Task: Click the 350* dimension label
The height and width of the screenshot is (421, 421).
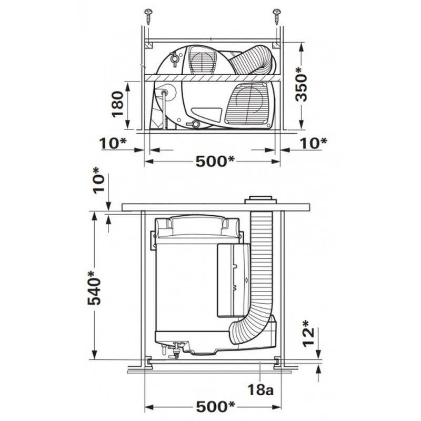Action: [301, 84]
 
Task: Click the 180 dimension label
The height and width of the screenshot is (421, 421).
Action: [117, 104]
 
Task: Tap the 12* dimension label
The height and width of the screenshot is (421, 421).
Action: [308, 334]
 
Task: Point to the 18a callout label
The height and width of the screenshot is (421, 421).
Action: [260, 389]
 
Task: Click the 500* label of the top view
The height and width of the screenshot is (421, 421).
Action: [215, 162]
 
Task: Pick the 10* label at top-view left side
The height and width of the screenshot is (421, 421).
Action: [113, 143]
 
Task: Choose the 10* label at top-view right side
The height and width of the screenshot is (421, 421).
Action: [314, 143]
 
